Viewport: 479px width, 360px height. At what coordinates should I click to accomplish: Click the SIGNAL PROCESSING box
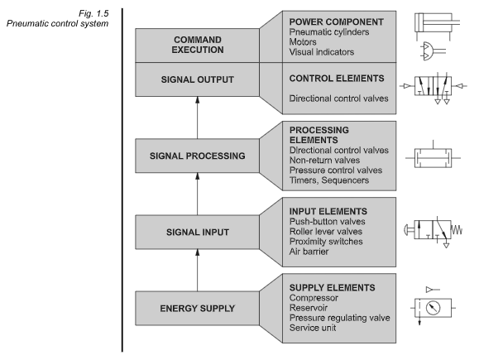tap(198, 156)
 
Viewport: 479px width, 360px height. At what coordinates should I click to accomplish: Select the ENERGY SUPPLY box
tap(198, 308)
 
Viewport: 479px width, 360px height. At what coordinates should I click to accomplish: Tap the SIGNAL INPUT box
tap(198, 232)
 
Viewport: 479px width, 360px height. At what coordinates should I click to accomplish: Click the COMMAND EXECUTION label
tap(198, 45)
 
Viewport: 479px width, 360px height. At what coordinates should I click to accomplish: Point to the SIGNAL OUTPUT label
tap(198, 79)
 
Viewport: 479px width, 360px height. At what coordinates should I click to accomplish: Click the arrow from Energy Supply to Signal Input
tap(198, 270)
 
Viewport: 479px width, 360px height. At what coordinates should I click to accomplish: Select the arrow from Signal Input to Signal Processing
tap(198, 194)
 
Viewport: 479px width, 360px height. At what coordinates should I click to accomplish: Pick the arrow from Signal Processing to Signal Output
tap(198, 118)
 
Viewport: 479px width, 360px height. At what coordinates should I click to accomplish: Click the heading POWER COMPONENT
tap(337, 22)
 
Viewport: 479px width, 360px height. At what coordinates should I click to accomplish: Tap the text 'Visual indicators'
tap(322, 52)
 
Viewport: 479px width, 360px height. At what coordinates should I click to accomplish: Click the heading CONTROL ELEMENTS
tap(337, 79)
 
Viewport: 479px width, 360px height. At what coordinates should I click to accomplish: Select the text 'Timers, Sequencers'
tap(329, 180)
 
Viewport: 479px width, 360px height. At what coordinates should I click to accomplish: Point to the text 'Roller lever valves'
tap(326, 232)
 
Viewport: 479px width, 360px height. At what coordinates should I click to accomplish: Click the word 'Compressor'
tap(314, 298)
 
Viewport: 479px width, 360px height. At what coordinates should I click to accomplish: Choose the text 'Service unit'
tap(313, 328)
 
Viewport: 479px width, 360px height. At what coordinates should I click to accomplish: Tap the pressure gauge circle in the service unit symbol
tap(433, 308)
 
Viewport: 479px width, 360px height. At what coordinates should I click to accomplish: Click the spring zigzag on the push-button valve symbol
tap(457, 229)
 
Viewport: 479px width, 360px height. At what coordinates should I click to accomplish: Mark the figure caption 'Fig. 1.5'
tap(93, 13)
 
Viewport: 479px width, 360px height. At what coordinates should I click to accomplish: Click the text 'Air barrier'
tap(309, 252)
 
